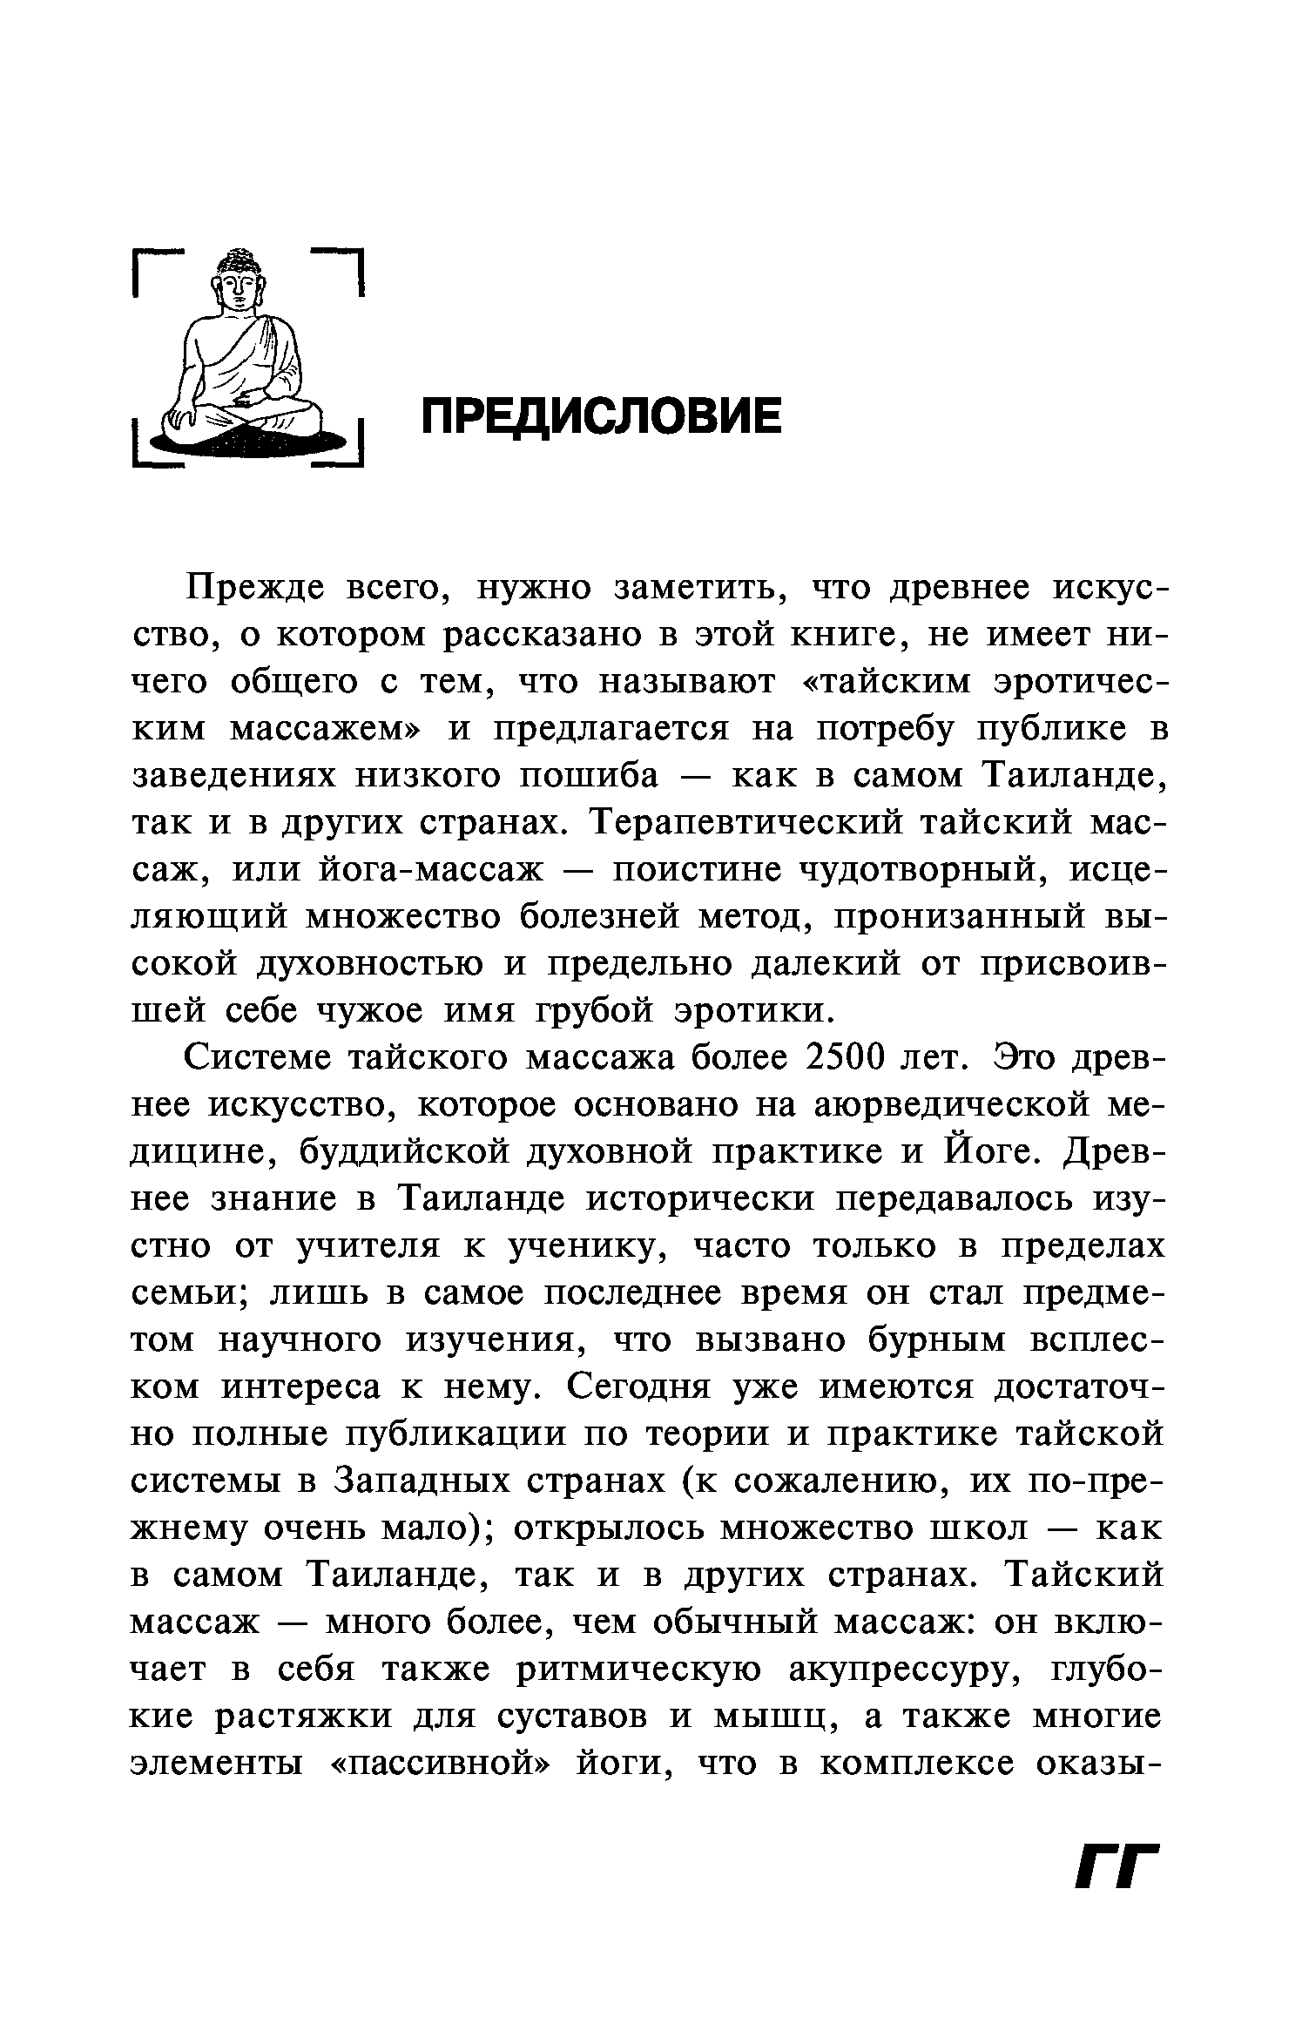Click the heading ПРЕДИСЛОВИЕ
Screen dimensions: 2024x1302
[x=602, y=416]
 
